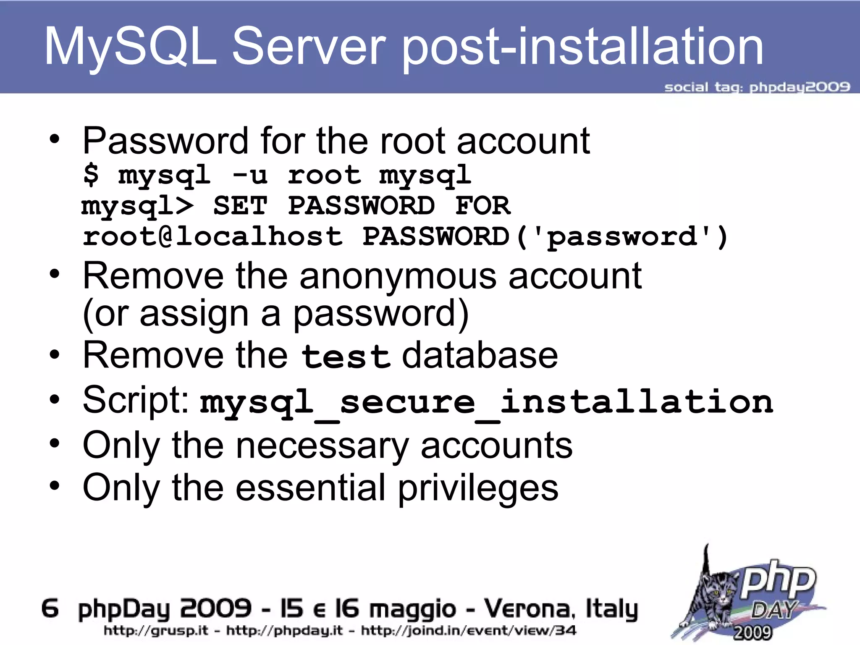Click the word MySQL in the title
[130, 47]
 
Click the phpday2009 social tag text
[800, 87]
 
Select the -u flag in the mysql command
[249, 175]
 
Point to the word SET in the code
[240, 205]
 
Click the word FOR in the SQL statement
[482, 205]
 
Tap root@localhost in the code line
[212, 236]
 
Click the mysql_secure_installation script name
[486, 402]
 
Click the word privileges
[478, 488]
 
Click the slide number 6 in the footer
[50, 608]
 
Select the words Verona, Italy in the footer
[561, 608]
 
